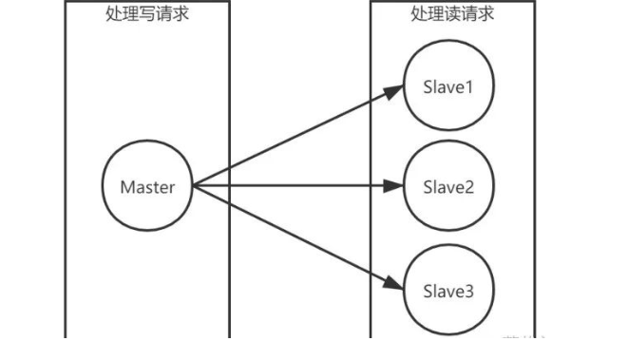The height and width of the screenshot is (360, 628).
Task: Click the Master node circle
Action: [147, 186]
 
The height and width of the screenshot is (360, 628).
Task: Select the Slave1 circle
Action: [447, 88]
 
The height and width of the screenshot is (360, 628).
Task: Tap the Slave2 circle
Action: [447, 186]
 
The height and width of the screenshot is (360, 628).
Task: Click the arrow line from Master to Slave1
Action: [295, 137]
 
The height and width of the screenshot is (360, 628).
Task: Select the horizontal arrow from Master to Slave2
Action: [295, 186]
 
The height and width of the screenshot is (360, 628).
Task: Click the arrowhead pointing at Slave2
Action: [393, 186]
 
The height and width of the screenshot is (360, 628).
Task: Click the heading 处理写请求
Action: [146, 14]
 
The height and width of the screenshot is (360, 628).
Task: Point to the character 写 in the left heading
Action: [146, 14]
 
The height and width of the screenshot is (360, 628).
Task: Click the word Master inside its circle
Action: [147, 186]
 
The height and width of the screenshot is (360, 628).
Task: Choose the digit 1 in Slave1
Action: [467, 88]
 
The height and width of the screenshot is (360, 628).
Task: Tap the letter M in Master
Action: [126, 186]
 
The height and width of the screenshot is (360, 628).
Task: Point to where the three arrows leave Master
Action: [193, 186]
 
